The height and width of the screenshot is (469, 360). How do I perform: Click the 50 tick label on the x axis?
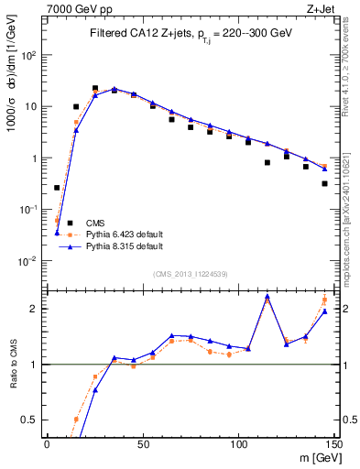[143, 443]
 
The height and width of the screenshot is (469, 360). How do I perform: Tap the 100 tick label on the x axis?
[238, 443]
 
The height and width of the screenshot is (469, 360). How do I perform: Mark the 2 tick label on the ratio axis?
[38, 309]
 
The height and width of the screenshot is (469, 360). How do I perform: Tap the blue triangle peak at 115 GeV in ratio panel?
[267, 297]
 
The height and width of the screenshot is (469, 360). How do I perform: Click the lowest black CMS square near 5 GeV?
[57, 188]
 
